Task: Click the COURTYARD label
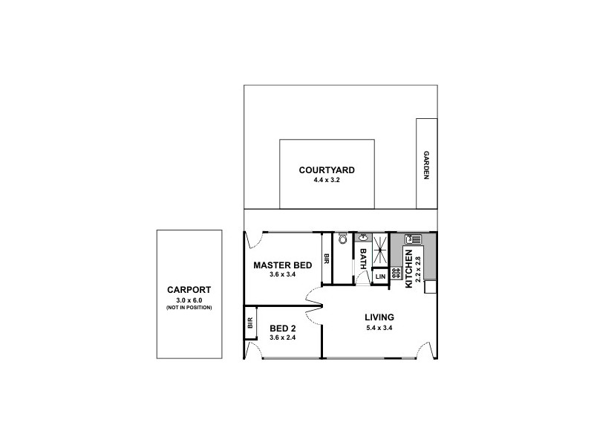coord(327,170)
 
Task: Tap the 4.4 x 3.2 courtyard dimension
coord(327,180)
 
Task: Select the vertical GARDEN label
coord(426,166)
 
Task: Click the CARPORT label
coord(189,290)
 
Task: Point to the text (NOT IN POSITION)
coord(189,307)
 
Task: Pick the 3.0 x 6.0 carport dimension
coord(189,300)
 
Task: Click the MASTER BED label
coord(282,265)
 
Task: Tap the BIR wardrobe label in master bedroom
coord(326,259)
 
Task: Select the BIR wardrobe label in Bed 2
coord(250,323)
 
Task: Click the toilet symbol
coord(342,239)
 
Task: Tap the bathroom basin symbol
coord(362,238)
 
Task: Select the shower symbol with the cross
coord(380,249)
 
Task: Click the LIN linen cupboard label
coord(380,277)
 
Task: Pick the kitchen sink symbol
coord(413,239)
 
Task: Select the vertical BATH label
coord(363,262)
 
